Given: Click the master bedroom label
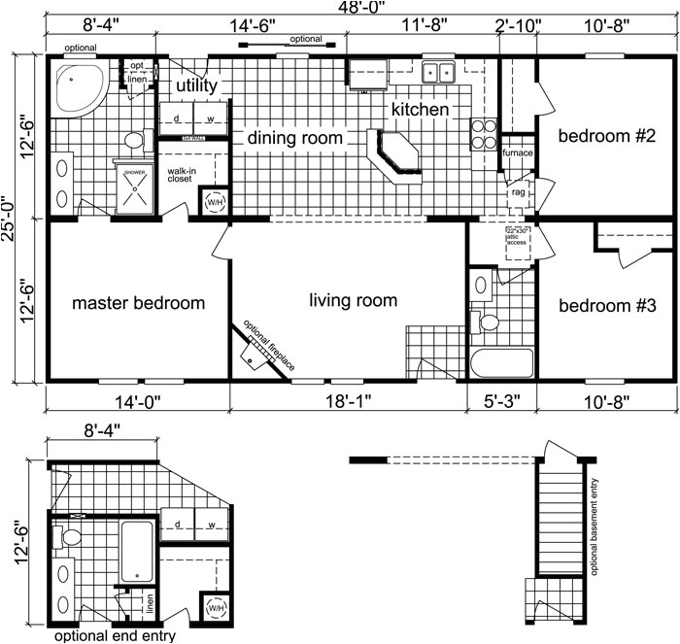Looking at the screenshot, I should [x=139, y=303].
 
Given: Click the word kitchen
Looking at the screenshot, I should [x=420, y=110].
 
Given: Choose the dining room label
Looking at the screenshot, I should [x=294, y=139].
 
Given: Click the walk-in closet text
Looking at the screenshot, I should [x=182, y=175].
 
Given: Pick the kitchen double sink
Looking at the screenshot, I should [x=440, y=73].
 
